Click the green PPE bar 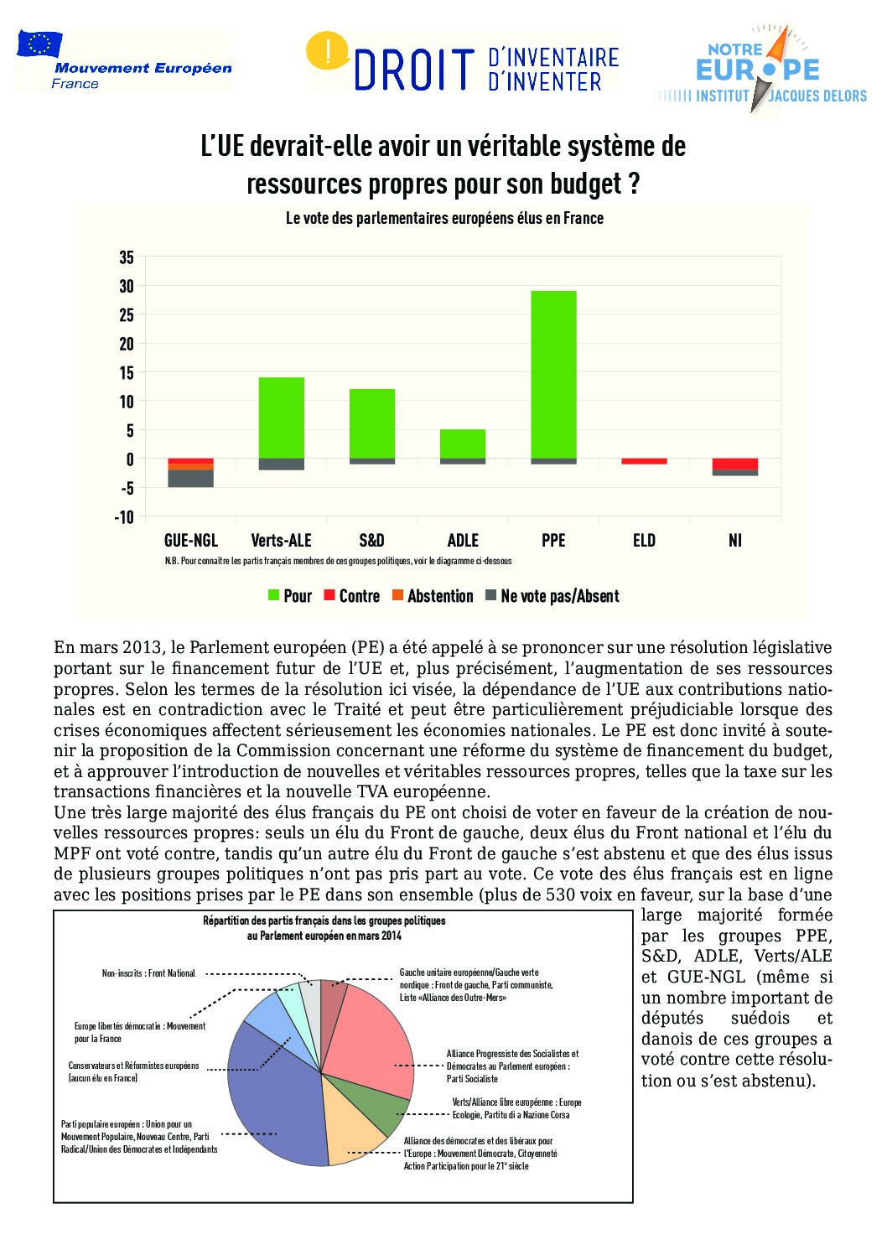coord(553,375)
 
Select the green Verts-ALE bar coord(282,417)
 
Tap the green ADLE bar coord(463,443)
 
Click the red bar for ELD coord(644,461)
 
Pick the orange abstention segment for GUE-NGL coord(191,466)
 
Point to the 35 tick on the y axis coord(127,257)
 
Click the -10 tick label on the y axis coord(124,517)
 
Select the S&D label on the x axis coord(371,541)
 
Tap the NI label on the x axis coord(735,541)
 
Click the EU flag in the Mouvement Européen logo coord(39,44)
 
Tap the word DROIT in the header coord(414,70)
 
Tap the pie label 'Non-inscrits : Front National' coord(148,973)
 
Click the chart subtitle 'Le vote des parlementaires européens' coord(444,218)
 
